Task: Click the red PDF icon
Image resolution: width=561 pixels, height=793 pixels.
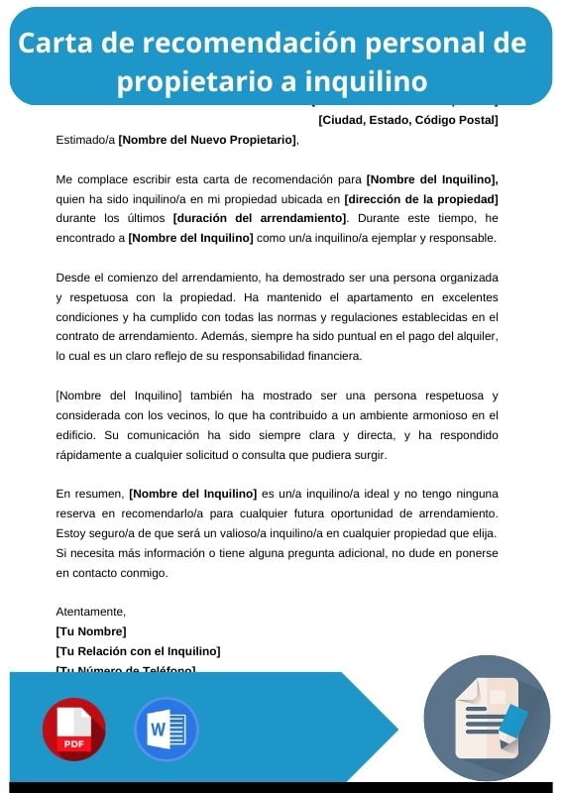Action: (73, 729)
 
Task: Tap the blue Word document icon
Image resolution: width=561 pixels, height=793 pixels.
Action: (166, 729)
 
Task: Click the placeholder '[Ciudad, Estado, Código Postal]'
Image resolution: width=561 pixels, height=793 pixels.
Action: (407, 120)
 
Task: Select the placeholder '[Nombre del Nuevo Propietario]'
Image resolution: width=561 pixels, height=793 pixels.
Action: (206, 140)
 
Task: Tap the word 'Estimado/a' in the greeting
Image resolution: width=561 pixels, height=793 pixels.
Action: (85, 140)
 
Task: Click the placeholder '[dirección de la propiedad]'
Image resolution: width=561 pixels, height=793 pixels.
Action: (420, 198)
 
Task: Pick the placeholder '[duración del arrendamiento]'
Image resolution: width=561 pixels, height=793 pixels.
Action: (260, 217)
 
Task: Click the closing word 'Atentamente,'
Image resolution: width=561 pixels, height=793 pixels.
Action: (91, 612)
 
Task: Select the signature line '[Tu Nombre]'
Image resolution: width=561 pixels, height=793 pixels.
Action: (91, 631)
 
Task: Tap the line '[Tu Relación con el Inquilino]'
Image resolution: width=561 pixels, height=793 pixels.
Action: (138, 651)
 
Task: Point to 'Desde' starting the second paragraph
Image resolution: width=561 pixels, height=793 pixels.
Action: (72, 277)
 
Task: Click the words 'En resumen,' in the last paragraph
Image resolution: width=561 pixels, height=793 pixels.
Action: (90, 493)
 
